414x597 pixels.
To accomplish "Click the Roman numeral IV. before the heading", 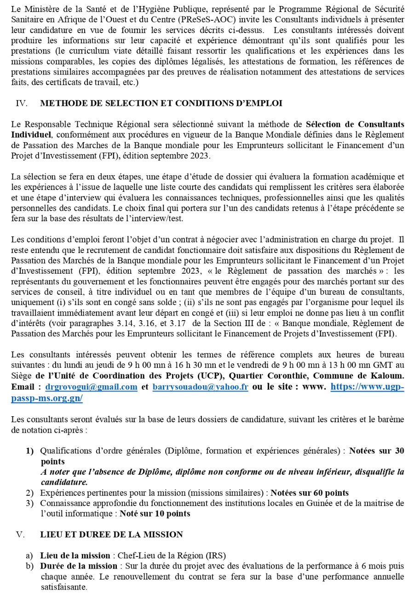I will pos(21,103).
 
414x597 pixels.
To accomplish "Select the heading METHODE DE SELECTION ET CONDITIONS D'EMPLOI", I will pos(161,103).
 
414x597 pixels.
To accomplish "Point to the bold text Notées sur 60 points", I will pos(310,493).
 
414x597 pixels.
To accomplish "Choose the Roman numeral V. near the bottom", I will pos(20,534).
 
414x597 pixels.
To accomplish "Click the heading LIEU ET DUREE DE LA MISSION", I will pos(111,534).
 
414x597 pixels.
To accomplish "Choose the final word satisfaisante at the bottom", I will pos(63,587).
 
